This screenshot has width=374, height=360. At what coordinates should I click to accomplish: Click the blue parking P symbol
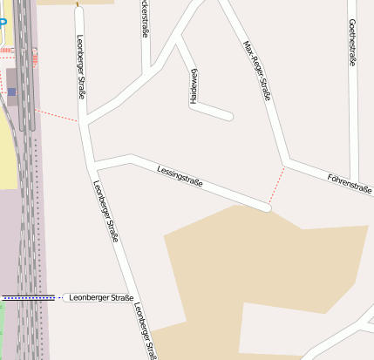[x=3, y=23]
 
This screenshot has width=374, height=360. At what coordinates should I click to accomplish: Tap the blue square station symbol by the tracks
[x=12, y=92]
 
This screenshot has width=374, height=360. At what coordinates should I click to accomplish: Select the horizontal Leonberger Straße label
[x=100, y=298]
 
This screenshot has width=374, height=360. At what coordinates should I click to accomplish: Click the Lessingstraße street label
[x=180, y=175]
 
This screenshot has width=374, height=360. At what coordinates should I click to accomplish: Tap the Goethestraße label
[x=352, y=43]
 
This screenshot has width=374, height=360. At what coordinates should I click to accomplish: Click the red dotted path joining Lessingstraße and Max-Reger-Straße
[x=277, y=185]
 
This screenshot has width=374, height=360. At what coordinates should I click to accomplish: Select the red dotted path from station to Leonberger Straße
[x=58, y=115]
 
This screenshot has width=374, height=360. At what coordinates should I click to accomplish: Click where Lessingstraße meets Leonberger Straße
[x=93, y=165]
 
